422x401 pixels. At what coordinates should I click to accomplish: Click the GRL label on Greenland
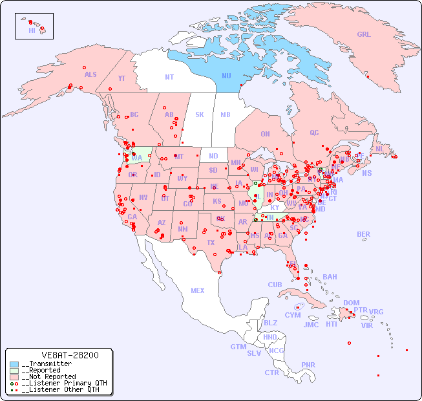click(364, 34)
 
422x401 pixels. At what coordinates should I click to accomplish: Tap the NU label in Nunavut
click(227, 76)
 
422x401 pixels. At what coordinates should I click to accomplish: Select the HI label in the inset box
click(32, 30)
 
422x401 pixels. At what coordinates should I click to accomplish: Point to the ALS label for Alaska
click(90, 74)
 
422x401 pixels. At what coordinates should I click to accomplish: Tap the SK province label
click(200, 114)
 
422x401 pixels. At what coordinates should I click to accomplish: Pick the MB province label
click(226, 114)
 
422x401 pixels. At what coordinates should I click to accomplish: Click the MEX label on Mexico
click(198, 290)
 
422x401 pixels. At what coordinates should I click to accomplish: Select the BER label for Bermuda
click(364, 234)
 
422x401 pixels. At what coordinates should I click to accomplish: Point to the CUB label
click(275, 285)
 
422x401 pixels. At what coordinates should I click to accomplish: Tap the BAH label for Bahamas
click(330, 277)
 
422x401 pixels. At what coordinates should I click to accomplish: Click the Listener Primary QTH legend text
click(65, 383)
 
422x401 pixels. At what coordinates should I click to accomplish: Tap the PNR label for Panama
click(308, 365)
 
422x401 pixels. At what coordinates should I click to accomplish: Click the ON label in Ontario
click(265, 134)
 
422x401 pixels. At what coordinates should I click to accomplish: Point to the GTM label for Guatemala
click(238, 347)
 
